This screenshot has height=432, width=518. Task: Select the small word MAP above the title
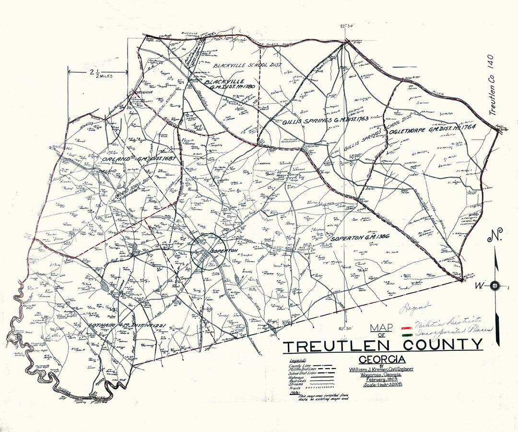click(x=377, y=328)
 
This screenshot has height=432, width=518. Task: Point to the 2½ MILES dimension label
click(x=98, y=73)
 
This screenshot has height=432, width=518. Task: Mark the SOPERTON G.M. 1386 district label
click(x=355, y=238)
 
